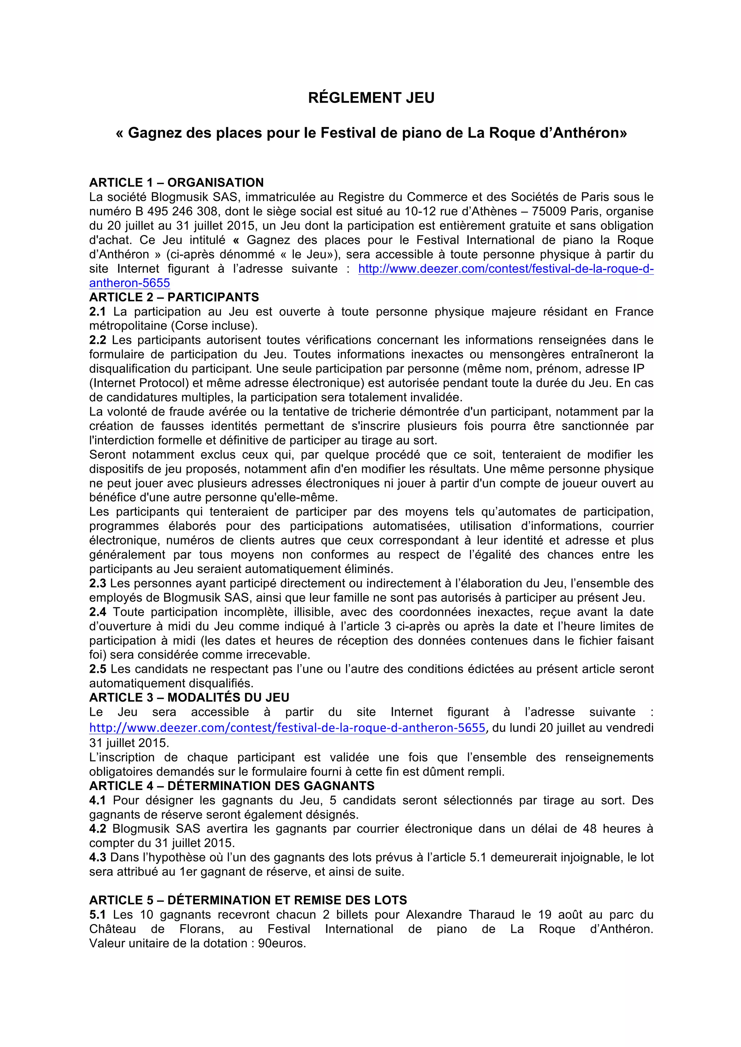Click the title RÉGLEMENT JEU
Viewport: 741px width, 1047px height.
[371, 98]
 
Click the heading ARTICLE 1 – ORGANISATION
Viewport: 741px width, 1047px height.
[176, 183]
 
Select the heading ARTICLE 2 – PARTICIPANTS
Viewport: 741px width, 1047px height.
[174, 297]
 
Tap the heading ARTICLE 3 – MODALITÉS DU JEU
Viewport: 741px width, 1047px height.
[189, 698]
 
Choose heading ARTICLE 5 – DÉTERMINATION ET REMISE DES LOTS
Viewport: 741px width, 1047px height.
[248, 900]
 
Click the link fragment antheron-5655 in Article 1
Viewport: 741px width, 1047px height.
[130, 283]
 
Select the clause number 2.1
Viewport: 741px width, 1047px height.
[97, 312]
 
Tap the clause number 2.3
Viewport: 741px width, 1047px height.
[97, 583]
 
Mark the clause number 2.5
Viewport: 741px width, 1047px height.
[97, 669]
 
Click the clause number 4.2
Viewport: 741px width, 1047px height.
[97, 829]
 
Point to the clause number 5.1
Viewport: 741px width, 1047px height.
[97, 915]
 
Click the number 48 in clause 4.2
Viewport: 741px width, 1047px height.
[589, 829]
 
